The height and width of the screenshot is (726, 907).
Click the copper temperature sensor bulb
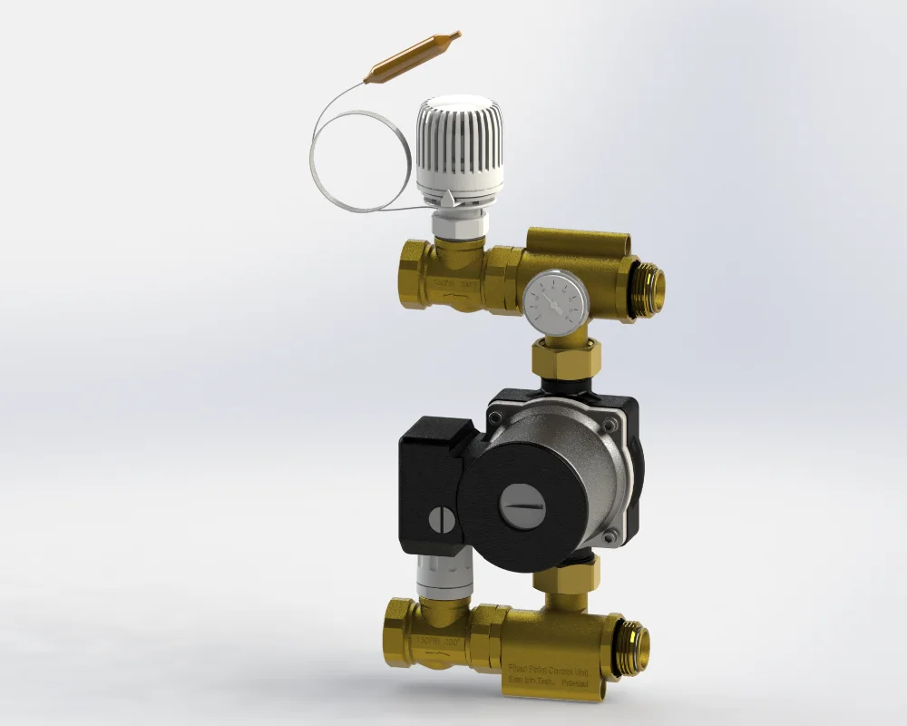[x=413, y=58]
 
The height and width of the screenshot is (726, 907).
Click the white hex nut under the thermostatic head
[x=459, y=223]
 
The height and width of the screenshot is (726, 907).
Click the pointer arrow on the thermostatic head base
[x=451, y=197]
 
